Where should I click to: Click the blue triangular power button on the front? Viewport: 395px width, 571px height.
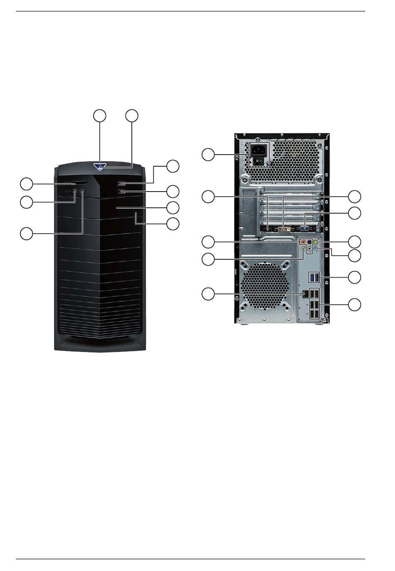[x=100, y=167]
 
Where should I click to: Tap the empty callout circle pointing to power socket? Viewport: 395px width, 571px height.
[x=209, y=155]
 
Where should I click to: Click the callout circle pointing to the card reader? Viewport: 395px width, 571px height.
[x=27, y=183]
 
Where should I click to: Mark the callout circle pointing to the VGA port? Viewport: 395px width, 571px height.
[x=355, y=213]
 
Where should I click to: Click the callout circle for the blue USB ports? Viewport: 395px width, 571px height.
[x=355, y=277]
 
